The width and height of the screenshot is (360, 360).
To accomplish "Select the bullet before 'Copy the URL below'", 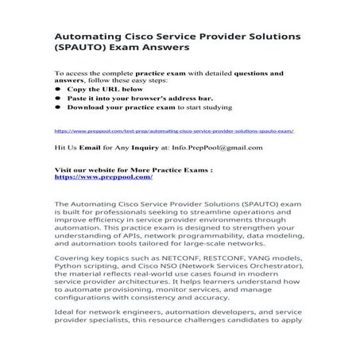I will [x=57, y=89].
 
